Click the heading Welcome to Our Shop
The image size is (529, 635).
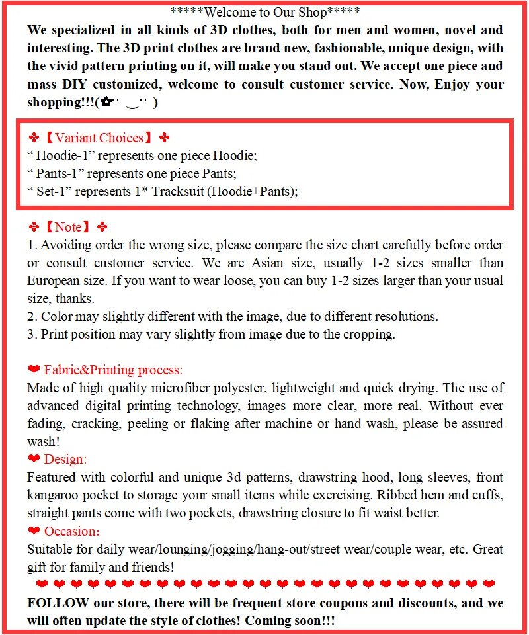(265, 11)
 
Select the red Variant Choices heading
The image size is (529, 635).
(99, 138)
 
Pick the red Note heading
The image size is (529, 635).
(68, 227)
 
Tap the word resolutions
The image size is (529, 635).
(405, 317)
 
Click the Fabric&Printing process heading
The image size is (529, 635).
(113, 370)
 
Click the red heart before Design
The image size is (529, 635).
(34, 459)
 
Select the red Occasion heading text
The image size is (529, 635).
(71, 531)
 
